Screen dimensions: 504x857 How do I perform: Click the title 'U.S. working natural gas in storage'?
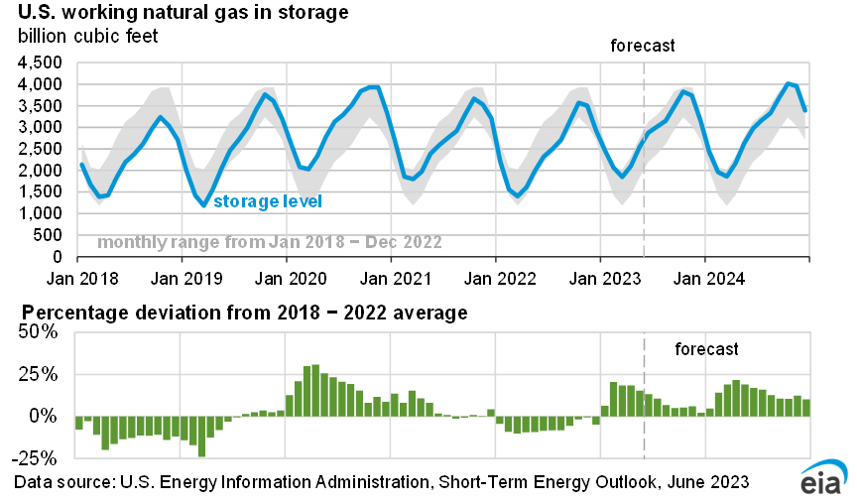pos(182,14)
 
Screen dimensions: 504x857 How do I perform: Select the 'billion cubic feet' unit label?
pos(87,37)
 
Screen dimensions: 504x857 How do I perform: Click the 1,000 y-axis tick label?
pos(42,213)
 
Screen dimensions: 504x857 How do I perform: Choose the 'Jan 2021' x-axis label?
pos(392,268)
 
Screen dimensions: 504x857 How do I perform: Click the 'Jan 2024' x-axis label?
pos(705,268)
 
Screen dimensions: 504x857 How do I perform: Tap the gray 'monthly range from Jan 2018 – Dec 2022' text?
pos(270,242)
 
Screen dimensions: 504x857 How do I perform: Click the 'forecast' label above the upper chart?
pos(643,46)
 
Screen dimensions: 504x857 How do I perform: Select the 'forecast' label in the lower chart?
pos(707,349)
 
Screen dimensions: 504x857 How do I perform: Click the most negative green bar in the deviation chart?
pos(201,437)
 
